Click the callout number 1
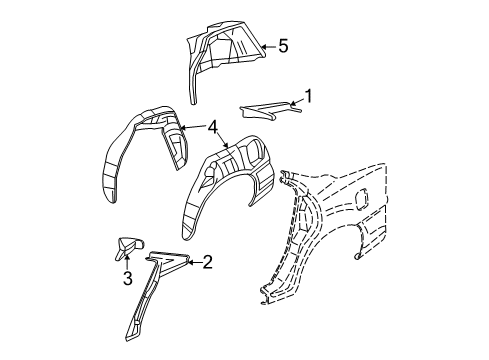click(x=309, y=97)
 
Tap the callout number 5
click(x=283, y=45)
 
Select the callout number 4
click(x=213, y=127)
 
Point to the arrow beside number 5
click(x=265, y=45)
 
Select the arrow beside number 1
click(x=293, y=100)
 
